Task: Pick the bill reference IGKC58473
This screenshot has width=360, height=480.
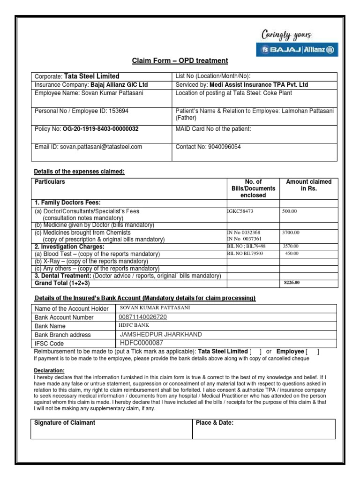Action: click(240, 211)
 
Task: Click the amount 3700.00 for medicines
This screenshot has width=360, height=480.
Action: click(291, 232)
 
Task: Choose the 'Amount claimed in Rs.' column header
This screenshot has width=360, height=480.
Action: click(308, 185)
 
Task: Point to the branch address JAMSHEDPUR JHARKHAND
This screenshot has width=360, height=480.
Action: click(161, 334)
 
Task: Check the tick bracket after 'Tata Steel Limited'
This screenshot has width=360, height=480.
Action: click(255, 352)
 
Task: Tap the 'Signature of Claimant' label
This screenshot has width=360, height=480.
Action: click(65, 423)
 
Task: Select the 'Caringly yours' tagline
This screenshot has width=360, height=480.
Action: click(287, 35)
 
